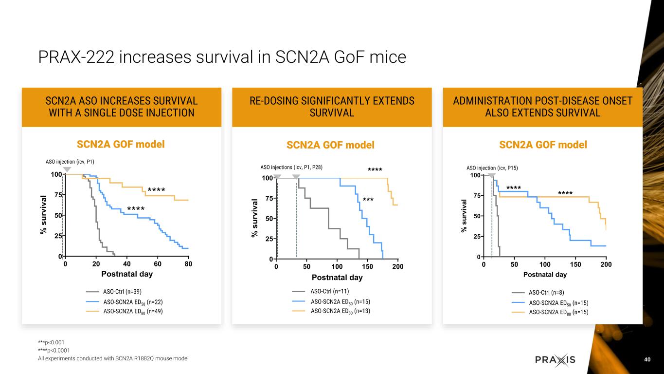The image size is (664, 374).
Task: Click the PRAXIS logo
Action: pos(555,360)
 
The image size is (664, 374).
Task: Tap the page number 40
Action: pos(647,359)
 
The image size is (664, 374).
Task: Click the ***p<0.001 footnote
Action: pos(51,342)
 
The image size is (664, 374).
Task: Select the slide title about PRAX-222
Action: pos(222,57)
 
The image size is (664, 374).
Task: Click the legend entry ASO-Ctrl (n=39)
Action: pos(122,292)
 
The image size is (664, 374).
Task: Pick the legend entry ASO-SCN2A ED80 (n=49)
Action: pos(133,311)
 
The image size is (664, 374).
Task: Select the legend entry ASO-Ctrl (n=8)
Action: pos(546,293)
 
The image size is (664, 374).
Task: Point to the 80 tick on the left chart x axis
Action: pos(188,264)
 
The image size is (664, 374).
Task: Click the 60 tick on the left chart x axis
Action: pos(158,264)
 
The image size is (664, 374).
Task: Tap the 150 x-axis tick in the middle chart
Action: pos(368,267)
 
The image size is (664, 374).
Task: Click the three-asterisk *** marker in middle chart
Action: pos(368,200)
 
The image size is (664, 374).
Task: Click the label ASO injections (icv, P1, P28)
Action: pos(292,167)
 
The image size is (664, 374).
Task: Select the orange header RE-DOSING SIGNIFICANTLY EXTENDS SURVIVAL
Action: pos(332,107)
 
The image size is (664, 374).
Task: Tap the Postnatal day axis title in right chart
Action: pos(545,275)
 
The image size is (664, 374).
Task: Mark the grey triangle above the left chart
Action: pos(67,169)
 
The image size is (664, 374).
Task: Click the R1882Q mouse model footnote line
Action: pos(113,359)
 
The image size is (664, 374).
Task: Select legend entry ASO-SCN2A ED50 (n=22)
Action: pos(133,301)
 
